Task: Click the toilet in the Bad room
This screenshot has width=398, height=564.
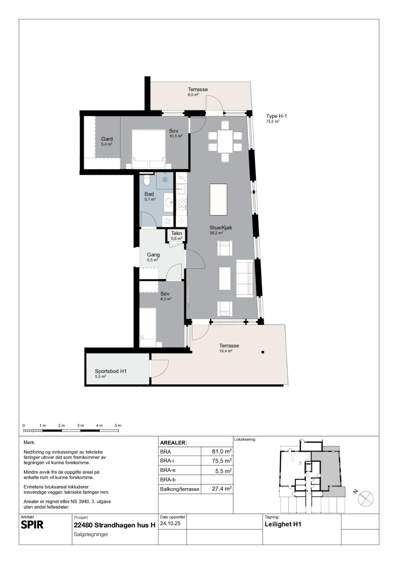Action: pyautogui.click(x=147, y=180)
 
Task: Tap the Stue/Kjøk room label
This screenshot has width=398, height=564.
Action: pyautogui.click(x=221, y=228)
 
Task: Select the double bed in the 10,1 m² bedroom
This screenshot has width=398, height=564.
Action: pyautogui.click(x=148, y=149)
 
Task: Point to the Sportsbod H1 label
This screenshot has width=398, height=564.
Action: pyautogui.click(x=111, y=371)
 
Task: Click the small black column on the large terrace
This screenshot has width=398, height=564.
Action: pyautogui.click(x=263, y=352)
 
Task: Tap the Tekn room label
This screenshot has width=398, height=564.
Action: pyautogui.click(x=176, y=233)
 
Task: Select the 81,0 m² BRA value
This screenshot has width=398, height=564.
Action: pyautogui.click(x=222, y=452)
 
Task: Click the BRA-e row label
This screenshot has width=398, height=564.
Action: pyautogui.click(x=168, y=470)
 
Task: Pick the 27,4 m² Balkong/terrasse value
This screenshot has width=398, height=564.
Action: pyautogui.click(x=222, y=489)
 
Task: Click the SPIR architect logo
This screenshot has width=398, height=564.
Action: pyautogui.click(x=32, y=525)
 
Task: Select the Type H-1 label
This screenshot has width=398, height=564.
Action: pyautogui.click(x=276, y=116)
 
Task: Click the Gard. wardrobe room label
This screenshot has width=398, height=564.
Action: pyautogui.click(x=108, y=139)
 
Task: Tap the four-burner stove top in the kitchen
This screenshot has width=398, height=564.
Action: pyautogui.click(x=181, y=204)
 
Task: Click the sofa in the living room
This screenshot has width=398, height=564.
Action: pyautogui.click(x=244, y=279)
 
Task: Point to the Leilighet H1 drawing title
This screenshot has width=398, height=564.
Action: pyautogui.click(x=283, y=524)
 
